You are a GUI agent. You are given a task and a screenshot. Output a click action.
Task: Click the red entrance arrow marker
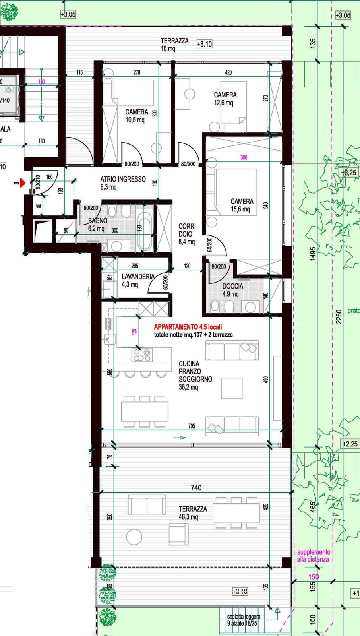coord(23,183)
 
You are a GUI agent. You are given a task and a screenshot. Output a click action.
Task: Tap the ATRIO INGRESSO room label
coord(123,183)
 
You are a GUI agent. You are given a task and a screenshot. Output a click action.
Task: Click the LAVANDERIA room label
coord(137,280)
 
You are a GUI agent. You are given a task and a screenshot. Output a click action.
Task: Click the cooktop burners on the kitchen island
coord(142,355)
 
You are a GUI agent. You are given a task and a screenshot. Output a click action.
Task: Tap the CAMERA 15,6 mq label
coord(242,205)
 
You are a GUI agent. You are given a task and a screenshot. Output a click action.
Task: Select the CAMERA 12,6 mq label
coord(225,99)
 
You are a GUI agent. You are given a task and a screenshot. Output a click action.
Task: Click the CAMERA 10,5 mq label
coord(136,116)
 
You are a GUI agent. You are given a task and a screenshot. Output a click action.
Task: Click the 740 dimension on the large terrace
coord(196,488)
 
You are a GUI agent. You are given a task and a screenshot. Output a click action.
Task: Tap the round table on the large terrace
coord(134,537)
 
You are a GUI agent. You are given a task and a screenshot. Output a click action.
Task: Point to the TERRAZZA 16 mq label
coord(174,44)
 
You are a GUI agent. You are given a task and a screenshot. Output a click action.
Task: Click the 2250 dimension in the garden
coord(339,316)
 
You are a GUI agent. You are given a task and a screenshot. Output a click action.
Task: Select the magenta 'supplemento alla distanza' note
coord(314,556)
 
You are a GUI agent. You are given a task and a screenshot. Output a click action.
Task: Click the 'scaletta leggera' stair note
coord(243,620)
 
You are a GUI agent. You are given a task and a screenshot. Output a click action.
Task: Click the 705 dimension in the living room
coord(192,426)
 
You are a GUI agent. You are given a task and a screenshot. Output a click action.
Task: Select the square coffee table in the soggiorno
coord(232,388)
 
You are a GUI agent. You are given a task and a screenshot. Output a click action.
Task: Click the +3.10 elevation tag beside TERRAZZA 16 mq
coord(204,44)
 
